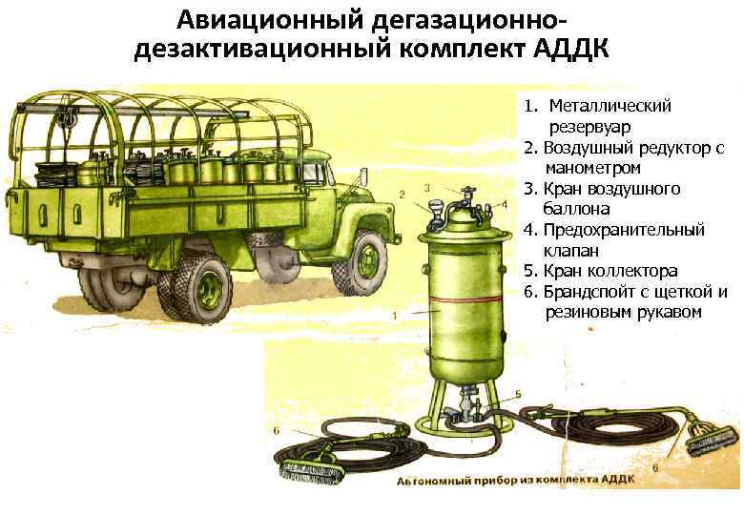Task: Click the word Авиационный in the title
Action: point(270,20)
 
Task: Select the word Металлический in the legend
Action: point(610,106)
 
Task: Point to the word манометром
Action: point(593,169)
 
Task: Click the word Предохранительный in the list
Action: point(624,231)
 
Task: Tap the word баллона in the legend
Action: point(576,209)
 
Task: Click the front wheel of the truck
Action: point(362,261)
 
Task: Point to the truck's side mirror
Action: point(363,177)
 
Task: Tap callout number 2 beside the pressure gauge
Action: point(402,195)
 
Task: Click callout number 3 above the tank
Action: point(427,188)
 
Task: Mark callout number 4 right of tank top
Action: point(505,205)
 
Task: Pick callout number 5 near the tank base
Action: point(518,394)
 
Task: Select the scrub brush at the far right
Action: point(709,443)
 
